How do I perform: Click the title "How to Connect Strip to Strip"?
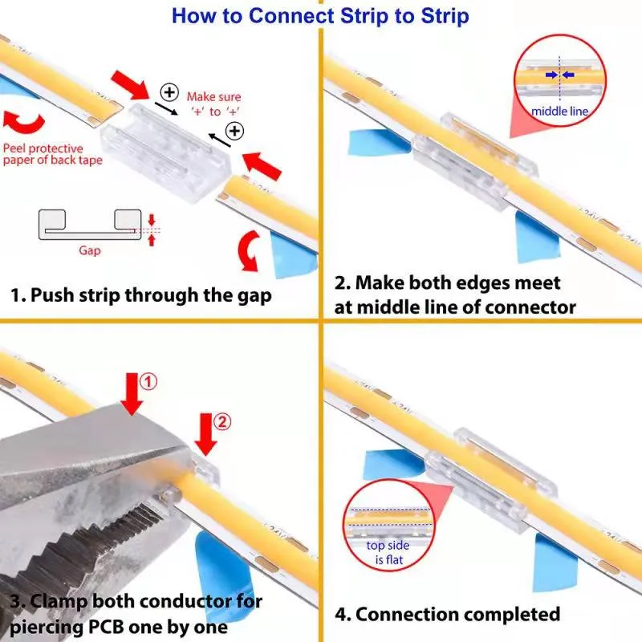click(x=320, y=15)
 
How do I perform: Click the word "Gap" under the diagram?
click(x=90, y=250)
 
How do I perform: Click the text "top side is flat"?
click(x=388, y=552)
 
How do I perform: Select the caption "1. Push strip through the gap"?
click(x=140, y=295)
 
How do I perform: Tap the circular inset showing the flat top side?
click(x=387, y=525)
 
